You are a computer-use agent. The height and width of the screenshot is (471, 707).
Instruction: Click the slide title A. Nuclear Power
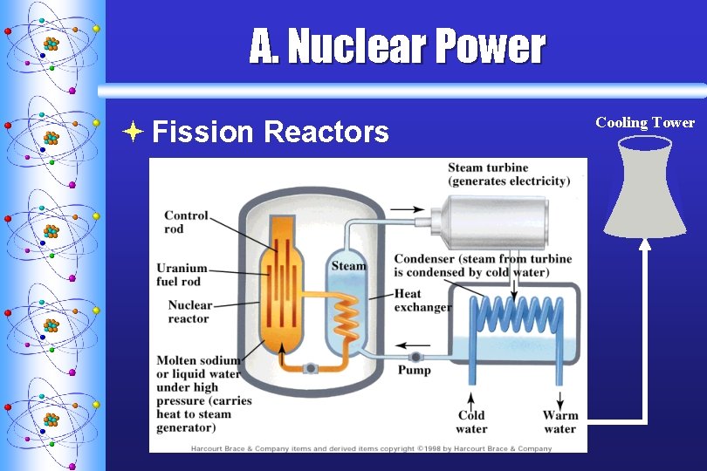[397, 47]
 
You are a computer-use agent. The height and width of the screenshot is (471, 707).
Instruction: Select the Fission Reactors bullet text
[270, 132]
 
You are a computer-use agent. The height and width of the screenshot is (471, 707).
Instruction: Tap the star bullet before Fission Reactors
[132, 132]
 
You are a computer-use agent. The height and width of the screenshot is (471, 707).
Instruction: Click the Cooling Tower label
[645, 123]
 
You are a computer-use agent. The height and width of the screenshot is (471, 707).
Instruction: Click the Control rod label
[186, 222]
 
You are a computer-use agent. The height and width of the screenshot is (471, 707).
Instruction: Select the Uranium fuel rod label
[182, 274]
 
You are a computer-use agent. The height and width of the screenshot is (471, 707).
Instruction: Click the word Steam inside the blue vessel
[348, 265]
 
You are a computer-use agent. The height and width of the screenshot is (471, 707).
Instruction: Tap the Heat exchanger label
[422, 300]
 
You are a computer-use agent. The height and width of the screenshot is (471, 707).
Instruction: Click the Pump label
[415, 370]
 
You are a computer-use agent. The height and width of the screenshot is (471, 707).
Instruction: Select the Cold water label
[471, 421]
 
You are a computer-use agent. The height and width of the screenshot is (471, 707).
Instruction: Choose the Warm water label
[560, 421]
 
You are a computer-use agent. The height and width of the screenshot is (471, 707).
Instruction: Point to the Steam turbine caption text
[508, 174]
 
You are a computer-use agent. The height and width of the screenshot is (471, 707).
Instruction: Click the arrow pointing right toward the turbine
[402, 209]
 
